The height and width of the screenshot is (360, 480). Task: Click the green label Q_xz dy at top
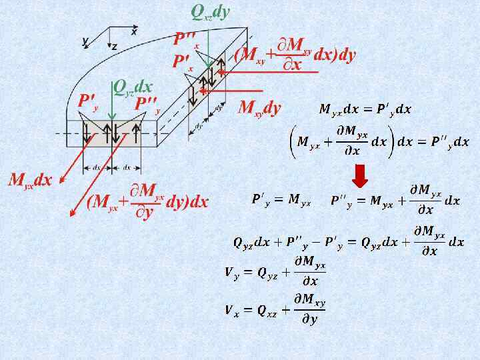point(210,11)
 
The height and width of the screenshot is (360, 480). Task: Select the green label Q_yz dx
point(133,87)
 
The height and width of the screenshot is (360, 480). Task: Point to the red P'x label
point(182,62)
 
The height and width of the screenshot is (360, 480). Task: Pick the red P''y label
point(147,104)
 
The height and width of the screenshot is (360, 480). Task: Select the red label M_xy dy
point(259,108)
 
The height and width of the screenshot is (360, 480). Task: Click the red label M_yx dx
point(29,180)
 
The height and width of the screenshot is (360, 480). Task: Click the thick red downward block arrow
point(360,175)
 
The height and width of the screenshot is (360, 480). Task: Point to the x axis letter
point(134,31)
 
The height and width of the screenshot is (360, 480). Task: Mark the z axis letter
point(115,47)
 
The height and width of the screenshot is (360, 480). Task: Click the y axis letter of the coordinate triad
point(85,41)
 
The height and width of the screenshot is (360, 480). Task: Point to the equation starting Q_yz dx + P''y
point(348,241)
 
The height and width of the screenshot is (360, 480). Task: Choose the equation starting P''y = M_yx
point(395,200)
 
